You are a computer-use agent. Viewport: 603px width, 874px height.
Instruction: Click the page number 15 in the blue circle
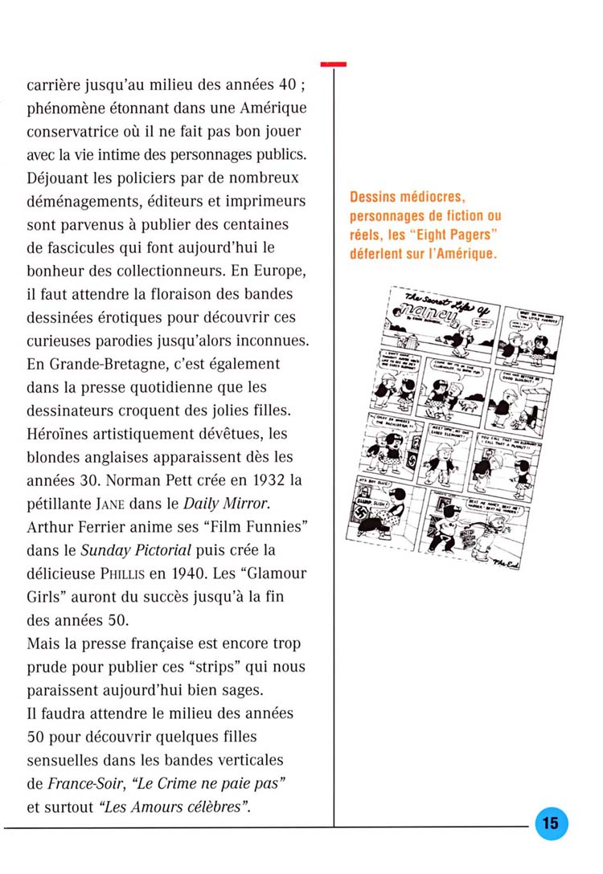(x=551, y=823)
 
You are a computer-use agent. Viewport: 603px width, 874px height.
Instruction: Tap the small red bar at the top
(x=333, y=63)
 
